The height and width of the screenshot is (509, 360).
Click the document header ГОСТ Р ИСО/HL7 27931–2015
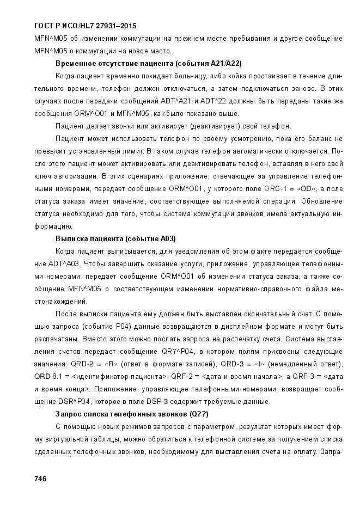(x=85, y=26)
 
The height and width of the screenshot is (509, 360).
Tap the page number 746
(x=40, y=479)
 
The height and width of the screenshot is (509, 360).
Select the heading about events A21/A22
(x=149, y=64)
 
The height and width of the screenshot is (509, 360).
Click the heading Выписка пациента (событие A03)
(x=115, y=239)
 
